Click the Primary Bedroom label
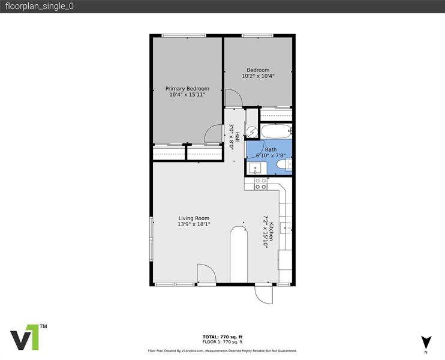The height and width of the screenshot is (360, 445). (x=187, y=88)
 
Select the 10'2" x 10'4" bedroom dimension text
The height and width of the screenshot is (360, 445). (x=258, y=76)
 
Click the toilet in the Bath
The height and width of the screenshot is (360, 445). (x=288, y=163)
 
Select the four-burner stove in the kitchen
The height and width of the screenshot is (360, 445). (x=260, y=184)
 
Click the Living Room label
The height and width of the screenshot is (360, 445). (x=194, y=218)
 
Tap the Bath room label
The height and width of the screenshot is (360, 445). (x=271, y=149)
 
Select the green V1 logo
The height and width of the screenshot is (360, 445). (x=28, y=338)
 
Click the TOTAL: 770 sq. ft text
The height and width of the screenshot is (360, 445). (x=222, y=337)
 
